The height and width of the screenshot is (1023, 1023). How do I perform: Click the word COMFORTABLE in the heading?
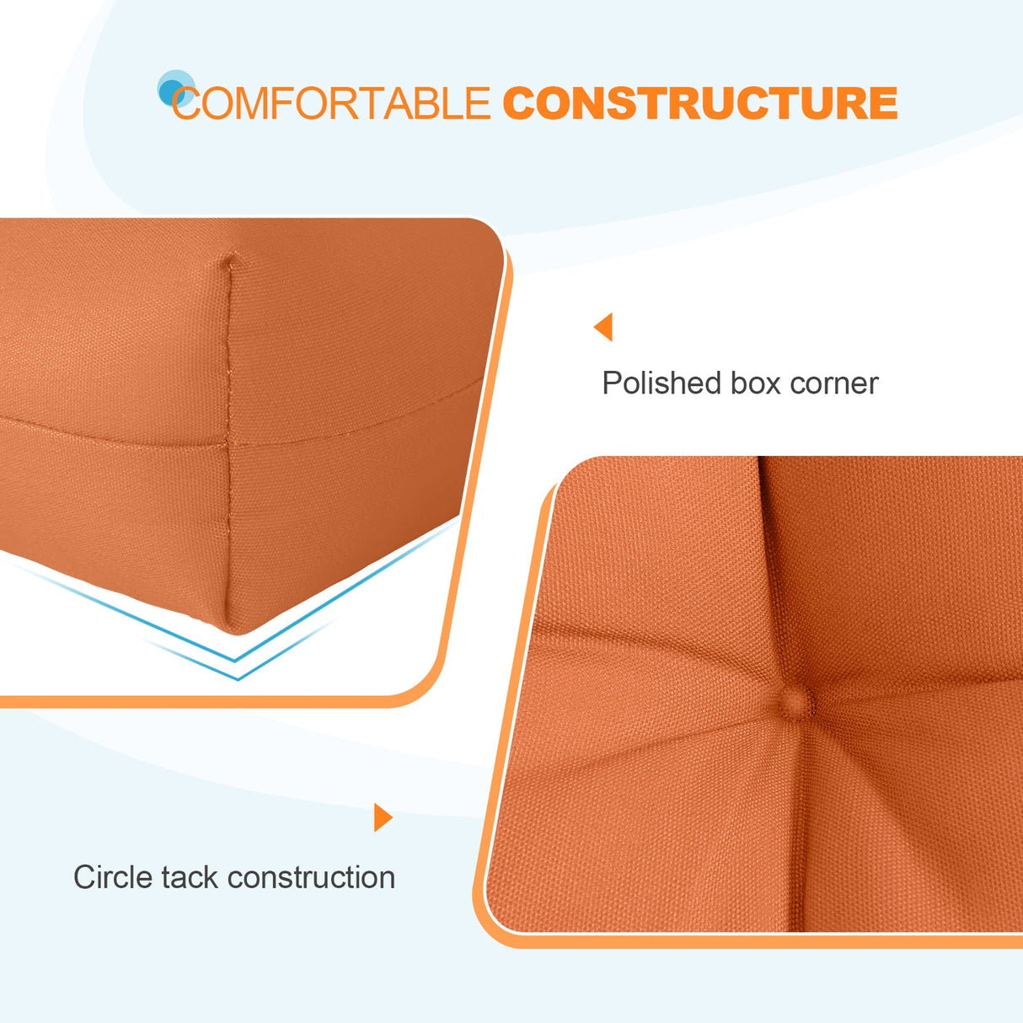click(x=331, y=104)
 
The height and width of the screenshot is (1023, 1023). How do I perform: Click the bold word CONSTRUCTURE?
click(x=700, y=104)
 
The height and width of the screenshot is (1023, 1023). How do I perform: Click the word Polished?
click(x=661, y=383)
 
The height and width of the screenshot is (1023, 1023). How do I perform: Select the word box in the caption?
click(x=755, y=383)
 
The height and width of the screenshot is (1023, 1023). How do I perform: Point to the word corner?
click(x=834, y=383)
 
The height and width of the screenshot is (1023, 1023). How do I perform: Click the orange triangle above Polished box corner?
click(x=604, y=327)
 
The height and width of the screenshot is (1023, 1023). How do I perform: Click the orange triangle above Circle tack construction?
click(x=383, y=817)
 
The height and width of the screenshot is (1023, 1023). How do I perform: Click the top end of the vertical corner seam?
click(x=228, y=260)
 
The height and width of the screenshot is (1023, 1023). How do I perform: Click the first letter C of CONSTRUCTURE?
click(x=519, y=104)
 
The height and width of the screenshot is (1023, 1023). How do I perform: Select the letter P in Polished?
click(x=611, y=383)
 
